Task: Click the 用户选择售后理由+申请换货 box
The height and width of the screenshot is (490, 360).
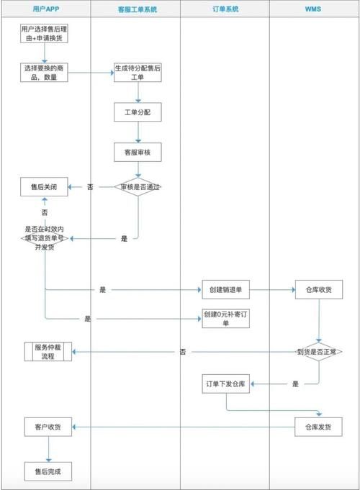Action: (45, 33)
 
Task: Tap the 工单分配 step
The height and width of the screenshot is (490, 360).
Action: (137, 113)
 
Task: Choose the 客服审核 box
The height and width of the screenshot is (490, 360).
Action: (137, 152)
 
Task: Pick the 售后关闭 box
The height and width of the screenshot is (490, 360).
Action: (45, 187)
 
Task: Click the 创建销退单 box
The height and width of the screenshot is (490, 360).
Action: (225, 290)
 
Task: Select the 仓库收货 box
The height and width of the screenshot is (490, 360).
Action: (319, 290)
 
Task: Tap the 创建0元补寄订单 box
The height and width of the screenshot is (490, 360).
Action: (225, 319)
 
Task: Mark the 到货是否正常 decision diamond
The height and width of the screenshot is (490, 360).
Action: (319, 352)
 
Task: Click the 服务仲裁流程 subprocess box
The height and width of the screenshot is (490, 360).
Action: (49, 352)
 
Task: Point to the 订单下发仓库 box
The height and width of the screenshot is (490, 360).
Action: (225, 384)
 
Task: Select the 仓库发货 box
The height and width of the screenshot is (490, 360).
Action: (319, 427)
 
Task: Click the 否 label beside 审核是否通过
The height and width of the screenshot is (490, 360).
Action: (90, 187)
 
